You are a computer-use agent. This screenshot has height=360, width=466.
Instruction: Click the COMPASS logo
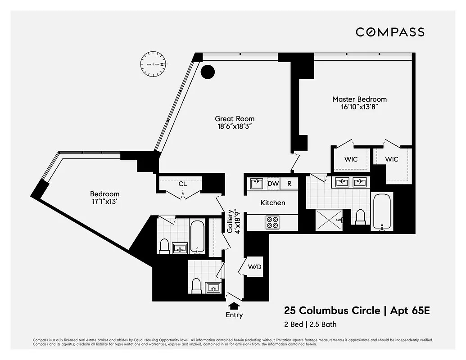390,32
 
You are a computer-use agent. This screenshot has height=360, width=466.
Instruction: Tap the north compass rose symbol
153,64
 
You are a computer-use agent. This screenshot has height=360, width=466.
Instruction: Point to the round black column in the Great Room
207,72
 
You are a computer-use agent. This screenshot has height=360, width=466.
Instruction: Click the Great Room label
234,119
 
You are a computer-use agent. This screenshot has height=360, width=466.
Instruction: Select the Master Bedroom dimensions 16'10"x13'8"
359,107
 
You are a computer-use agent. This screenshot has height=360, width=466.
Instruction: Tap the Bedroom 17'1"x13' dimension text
104,202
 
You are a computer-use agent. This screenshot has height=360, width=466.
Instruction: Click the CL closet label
182,184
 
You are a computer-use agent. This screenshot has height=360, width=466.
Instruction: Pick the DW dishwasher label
273,184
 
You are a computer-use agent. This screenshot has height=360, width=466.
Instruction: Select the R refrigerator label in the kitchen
290,184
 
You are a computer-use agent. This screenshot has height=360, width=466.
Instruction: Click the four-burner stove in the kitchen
272,222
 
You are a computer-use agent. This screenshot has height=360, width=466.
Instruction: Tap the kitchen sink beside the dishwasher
257,184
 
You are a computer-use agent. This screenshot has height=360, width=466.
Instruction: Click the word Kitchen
273,202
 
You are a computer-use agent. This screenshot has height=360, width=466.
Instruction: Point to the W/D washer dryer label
255,267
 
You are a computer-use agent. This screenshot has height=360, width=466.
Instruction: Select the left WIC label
351,159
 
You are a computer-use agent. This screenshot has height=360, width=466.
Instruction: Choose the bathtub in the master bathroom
382,211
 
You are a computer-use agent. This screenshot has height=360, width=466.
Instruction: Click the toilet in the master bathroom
360,217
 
